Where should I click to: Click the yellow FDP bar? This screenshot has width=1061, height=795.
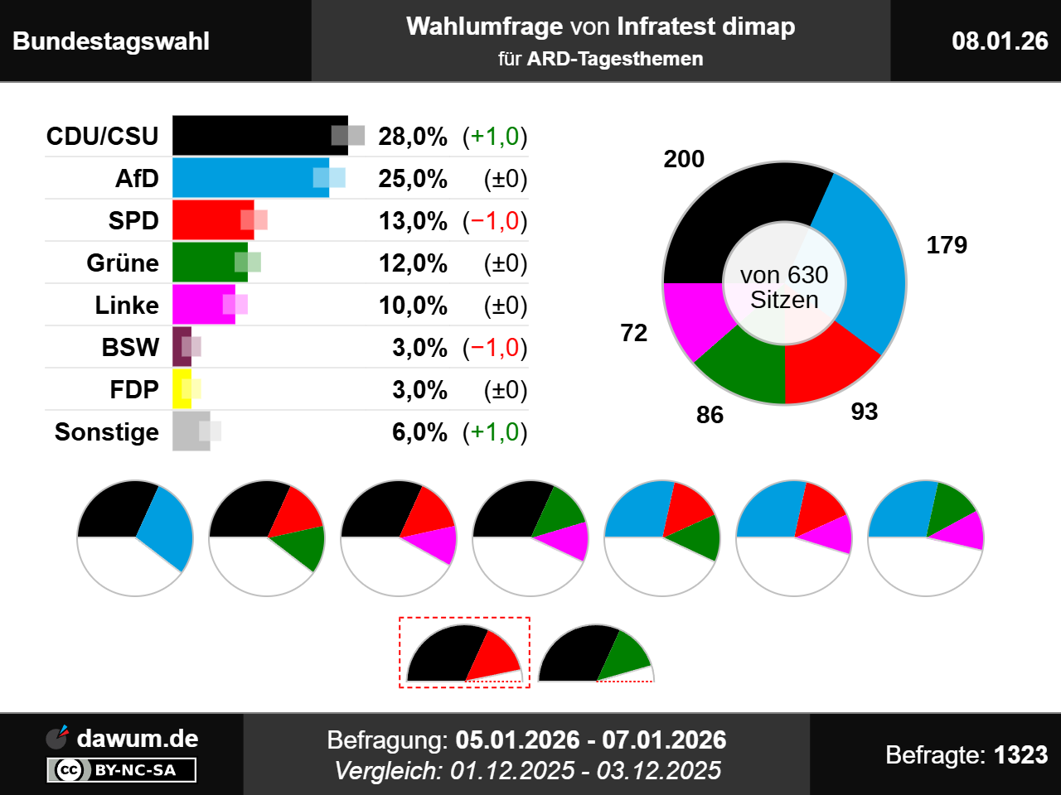(x=180, y=389)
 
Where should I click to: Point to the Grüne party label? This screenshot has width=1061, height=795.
(x=123, y=263)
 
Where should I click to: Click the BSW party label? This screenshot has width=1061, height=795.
(x=130, y=348)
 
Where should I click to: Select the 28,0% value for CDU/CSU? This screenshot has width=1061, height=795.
(x=413, y=137)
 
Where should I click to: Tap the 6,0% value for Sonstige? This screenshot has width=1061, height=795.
(x=419, y=432)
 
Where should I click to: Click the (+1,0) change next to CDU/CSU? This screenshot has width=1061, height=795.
(x=495, y=137)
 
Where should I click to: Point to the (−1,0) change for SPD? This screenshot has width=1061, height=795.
(x=495, y=221)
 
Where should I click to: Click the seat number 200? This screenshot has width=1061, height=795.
(x=684, y=159)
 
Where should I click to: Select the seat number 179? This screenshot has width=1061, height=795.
(x=947, y=245)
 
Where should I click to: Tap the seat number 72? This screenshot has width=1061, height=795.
(x=634, y=333)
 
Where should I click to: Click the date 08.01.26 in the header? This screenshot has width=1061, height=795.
(x=1000, y=41)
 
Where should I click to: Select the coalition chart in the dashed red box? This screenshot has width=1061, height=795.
(x=464, y=653)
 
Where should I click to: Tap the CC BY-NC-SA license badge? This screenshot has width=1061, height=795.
(x=122, y=770)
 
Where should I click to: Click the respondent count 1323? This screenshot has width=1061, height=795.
(x=1020, y=755)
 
